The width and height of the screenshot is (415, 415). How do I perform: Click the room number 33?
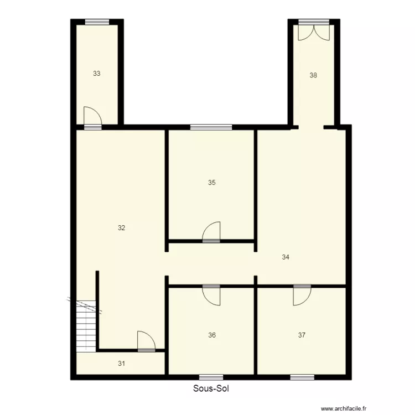point(97,73)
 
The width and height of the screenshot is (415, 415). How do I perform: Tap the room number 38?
point(313,75)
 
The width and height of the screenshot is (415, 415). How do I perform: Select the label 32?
point(122,227)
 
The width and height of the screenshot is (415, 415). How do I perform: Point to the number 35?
point(211,183)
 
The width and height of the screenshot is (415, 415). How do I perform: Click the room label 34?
point(286,257)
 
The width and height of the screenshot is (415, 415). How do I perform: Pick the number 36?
point(212,335)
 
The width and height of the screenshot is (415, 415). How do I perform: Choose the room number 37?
point(302,335)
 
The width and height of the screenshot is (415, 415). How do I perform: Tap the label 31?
point(122,364)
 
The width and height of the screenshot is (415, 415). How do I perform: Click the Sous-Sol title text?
point(211,388)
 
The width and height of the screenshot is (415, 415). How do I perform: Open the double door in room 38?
point(313,32)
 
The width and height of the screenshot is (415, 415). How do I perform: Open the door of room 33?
point(92,117)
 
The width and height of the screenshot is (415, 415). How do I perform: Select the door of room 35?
point(211,232)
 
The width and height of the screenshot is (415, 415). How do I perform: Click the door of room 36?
point(211,295)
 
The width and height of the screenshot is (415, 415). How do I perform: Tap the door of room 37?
point(302,295)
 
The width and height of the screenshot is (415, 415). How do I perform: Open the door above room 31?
point(146,341)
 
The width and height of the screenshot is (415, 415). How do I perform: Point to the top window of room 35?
point(211,127)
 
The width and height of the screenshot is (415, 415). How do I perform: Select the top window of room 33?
point(97,22)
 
